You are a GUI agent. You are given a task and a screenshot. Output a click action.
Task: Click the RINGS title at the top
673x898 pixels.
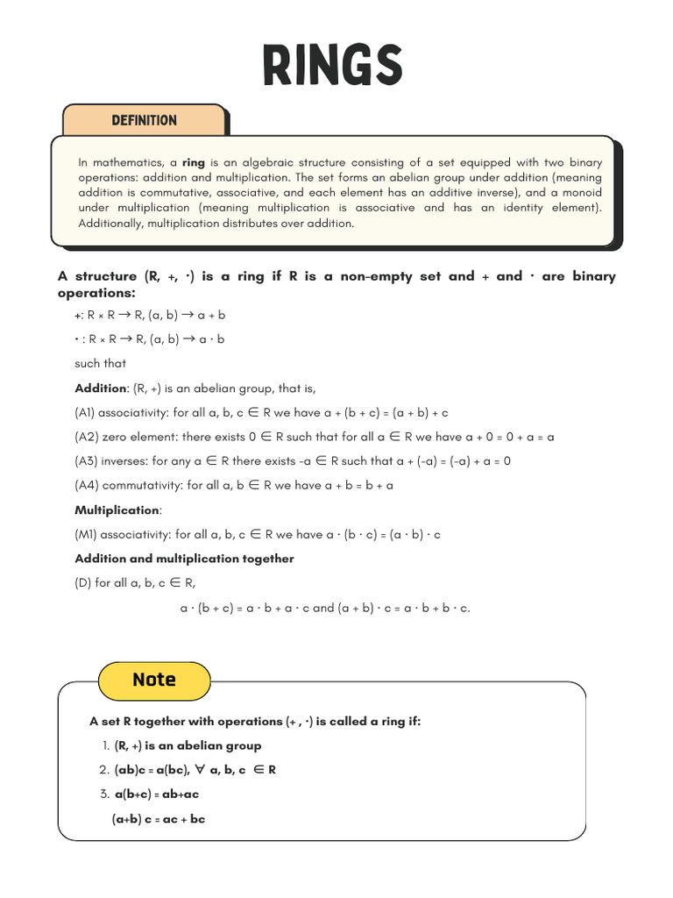(332, 66)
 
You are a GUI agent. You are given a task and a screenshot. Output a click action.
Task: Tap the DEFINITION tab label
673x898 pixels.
(144, 121)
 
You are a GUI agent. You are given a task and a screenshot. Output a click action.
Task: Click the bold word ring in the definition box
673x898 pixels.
(193, 162)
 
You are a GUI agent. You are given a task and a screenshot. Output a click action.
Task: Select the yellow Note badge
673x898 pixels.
(154, 680)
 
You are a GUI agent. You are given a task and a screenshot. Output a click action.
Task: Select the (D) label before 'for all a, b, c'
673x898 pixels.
(83, 583)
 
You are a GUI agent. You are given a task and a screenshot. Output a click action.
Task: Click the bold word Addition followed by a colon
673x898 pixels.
(101, 388)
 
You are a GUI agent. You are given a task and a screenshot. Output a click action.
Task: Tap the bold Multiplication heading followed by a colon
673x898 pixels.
(117, 510)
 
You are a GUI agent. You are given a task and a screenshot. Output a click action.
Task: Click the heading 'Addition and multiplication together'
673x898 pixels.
(184, 559)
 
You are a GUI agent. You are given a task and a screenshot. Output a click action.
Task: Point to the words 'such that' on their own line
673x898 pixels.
(100, 363)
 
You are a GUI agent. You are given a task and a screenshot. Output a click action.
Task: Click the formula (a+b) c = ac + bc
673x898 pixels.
(158, 820)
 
